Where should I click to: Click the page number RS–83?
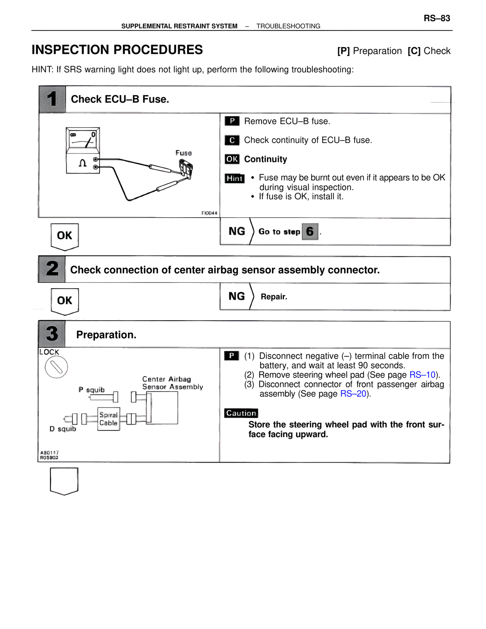pyautogui.click(x=437, y=18)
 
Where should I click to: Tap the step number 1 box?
pyautogui.click(x=52, y=99)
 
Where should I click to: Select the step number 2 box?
pyautogui.click(x=52, y=269)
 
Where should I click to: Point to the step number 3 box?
pyautogui.click(x=52, y=334)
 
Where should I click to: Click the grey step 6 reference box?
pyautogui.click(x=310, y=232)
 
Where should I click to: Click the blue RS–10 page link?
pyautogui.click(x=422, y=375)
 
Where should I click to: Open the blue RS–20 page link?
pyautogui.click(x=353, y=394)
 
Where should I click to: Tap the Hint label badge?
pyautogui.click(x=235, y=178)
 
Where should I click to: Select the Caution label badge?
pyautogui.click(x=241, y=413)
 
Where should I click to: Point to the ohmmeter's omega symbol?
pyautogui.click(x=82, y=163)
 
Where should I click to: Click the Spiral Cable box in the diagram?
pyautogui.click(x=109, y=419)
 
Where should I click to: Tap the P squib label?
pyautogui.click(x=92, y=390)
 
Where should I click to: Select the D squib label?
pyautogui.click(x=63, y=429)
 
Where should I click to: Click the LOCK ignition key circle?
pyautogui.click(x=56, y=367)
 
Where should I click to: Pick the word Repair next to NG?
pyautogui.click(x=274, y=297)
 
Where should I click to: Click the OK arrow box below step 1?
pyautogui.click(x=65, y=236)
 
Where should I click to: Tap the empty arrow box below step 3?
pyautogui.click(x=64, y=480)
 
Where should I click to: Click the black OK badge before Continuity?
pyautogui.click(x=232, y=159)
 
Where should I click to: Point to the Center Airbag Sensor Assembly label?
pyautogui.click(x=172, y=383)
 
